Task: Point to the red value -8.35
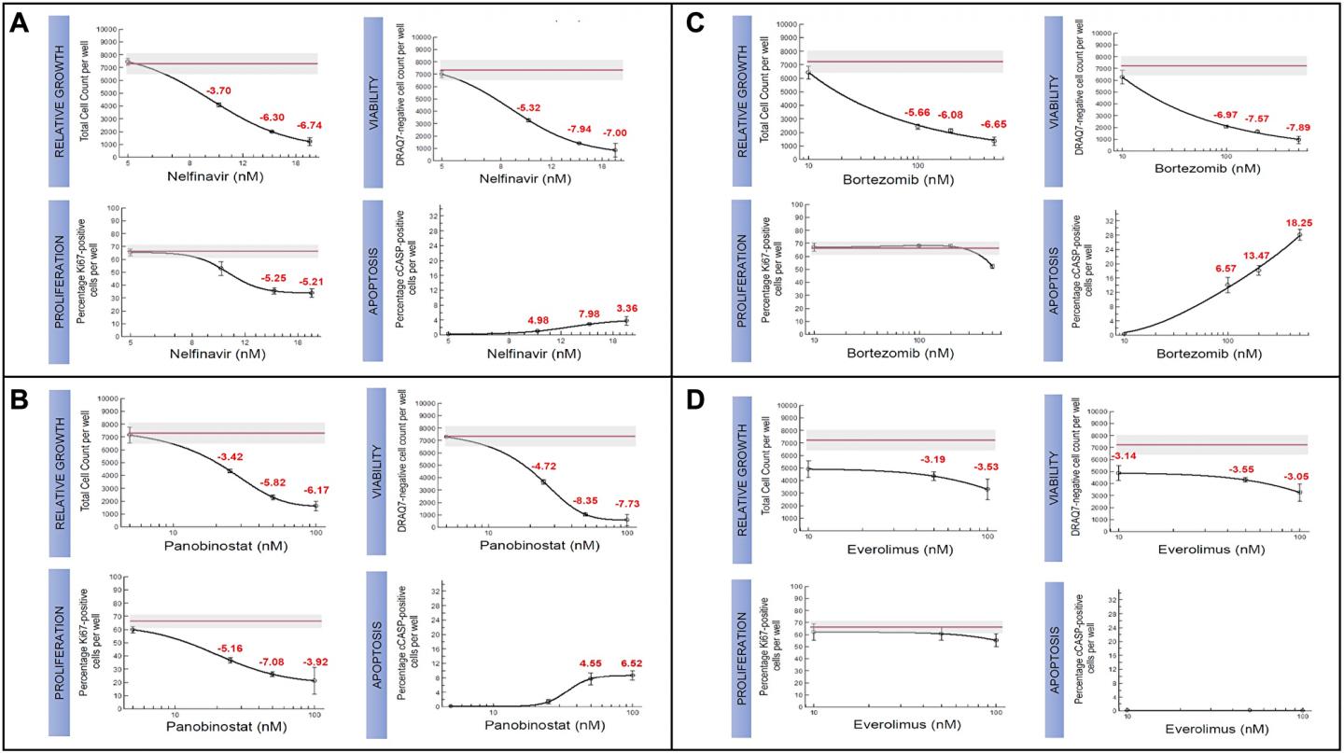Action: [586, 499]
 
